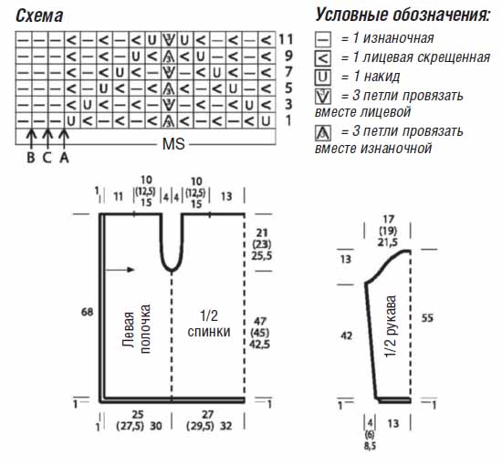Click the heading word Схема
pos(39,15)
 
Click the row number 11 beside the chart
pos(286,39)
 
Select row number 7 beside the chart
pos(288,72)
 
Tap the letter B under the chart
pos(31,157)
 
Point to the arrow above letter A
pos(65,139)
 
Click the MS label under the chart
pos(173,144)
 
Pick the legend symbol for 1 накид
pos(323,77)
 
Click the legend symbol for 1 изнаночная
pos(323,39)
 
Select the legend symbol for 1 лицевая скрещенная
pos(323,57)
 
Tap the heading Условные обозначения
pos(403,15)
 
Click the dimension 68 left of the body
pos(87,312)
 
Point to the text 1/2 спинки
pos(209,324)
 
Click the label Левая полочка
pos(136,329)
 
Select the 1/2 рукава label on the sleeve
pos(391,326)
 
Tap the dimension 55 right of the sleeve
pos(427,318)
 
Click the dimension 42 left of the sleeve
pos(347,336)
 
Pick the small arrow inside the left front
pos(120,270)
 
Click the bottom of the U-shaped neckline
pos(172,271)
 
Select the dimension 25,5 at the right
pos(262,256)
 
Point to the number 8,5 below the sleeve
pos(370,446)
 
